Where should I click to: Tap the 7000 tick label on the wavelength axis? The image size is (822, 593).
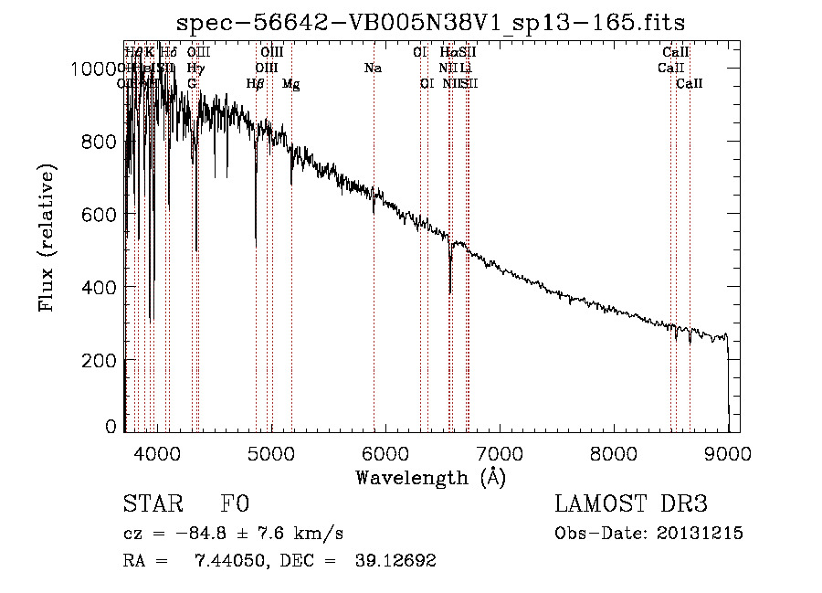point(498,452)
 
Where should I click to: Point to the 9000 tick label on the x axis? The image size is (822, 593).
point(727,452)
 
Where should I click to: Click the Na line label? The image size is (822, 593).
point(373,69)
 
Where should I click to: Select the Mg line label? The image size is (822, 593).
point(290,84)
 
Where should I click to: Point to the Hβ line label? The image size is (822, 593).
point(256,84)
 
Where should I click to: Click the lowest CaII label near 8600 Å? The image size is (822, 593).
point(690,84)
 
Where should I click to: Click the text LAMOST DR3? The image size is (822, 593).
point(630,505)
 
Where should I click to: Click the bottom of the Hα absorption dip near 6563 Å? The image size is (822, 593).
point(450,292)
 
